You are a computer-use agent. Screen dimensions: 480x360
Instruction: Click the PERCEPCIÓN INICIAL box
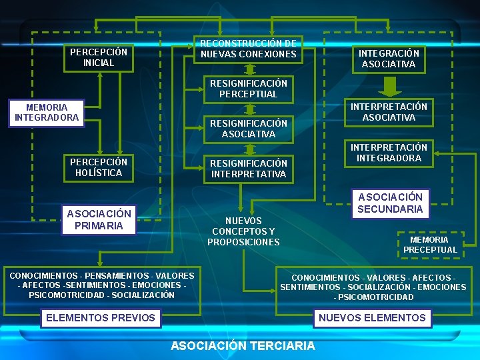click(x=99, y=57)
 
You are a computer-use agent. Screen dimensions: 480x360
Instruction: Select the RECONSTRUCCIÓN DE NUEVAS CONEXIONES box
click(x=248, y=49)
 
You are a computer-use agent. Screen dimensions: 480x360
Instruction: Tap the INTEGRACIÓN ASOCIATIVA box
click(x=389, y=59)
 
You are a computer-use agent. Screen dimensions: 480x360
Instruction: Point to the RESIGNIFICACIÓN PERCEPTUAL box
click(x=248, y=89)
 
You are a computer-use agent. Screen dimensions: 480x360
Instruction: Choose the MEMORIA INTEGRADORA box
click(x=47, y=112)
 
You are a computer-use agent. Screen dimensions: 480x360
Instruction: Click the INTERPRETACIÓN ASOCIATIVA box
click(x=389, y=112)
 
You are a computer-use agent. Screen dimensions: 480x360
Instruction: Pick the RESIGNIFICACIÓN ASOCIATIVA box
click(x=248, y=129)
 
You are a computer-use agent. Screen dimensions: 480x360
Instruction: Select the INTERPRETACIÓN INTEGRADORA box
click(x=389, y=153)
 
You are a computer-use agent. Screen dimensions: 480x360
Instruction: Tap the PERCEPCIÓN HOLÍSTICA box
click(x=99, y=167)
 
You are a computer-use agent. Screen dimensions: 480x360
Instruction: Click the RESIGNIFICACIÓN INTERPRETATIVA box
click(x=248, y=169)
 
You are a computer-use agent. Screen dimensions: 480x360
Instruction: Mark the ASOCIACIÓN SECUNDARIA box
click(x=390, y=203)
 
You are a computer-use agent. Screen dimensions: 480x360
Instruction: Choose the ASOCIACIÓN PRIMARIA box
click(x=99, y=219)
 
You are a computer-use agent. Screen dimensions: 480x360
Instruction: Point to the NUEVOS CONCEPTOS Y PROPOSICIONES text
click(x=243, y=231)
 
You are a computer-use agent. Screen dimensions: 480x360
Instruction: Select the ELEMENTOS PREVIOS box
click(x=100, y=318)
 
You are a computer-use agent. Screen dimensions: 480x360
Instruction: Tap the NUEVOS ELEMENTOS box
click(x=372, y=318)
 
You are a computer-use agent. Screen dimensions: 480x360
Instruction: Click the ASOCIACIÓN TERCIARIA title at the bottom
click(x=243, y=345)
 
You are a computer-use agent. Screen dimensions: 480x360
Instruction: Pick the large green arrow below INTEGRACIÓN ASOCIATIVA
click(x=391, y=87)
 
